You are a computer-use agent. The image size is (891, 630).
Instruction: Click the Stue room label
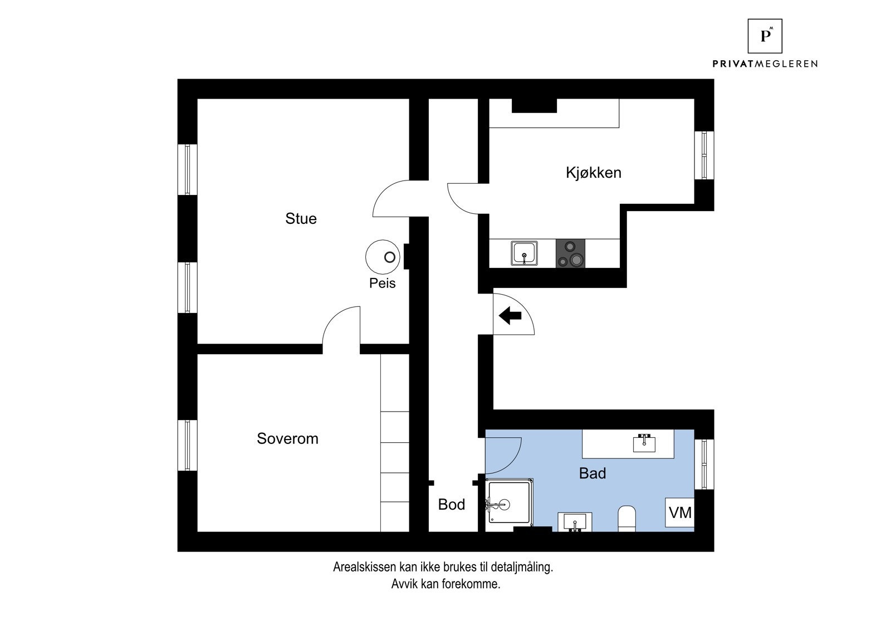click(301, 218)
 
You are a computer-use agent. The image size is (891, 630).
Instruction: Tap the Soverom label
click(287, 438)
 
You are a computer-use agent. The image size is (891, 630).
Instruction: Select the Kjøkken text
click(593, 172)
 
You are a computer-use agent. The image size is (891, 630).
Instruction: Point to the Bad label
click(592, 473)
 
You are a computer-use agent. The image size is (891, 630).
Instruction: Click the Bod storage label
click(451, 505)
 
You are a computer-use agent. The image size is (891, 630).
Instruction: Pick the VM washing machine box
click(680, 512)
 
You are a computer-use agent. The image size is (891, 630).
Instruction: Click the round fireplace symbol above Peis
click(381, 257)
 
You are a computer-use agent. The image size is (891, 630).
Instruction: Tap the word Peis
click(382, 283)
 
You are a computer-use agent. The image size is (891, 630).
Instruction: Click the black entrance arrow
click(510, 316)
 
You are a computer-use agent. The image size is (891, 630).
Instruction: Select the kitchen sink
click(524, 253)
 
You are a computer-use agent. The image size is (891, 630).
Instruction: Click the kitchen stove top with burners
click(571, 253)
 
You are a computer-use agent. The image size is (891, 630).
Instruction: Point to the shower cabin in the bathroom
click(509, 504)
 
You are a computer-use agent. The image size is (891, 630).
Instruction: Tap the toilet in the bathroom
click(626, 519)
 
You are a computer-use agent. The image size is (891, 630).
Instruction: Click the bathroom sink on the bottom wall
click(575, 522)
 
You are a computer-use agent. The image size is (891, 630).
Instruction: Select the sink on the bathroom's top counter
click(644, 443)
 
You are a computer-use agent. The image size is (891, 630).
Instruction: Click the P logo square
click(765, 36)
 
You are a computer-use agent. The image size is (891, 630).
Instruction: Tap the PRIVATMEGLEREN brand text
click(765, 64)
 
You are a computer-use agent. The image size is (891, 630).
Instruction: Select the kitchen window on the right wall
click(704, 155)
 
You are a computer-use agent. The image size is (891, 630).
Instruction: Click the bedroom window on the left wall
click(188, 445)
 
